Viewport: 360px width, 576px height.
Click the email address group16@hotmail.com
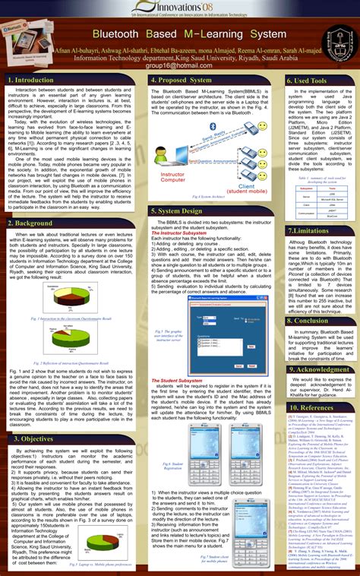point(180,65)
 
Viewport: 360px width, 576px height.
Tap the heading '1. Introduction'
point(30,80)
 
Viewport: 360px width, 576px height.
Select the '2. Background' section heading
point(30,223)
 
